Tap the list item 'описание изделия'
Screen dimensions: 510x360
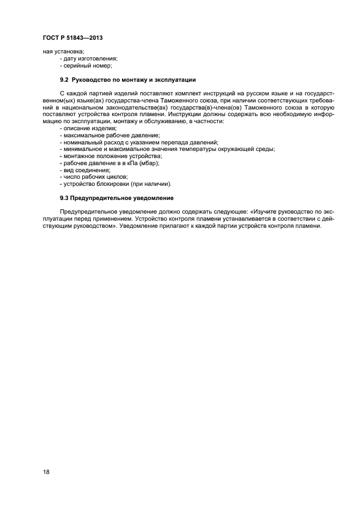click(86, 127)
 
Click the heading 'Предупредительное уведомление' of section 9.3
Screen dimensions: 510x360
click(122, 197)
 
